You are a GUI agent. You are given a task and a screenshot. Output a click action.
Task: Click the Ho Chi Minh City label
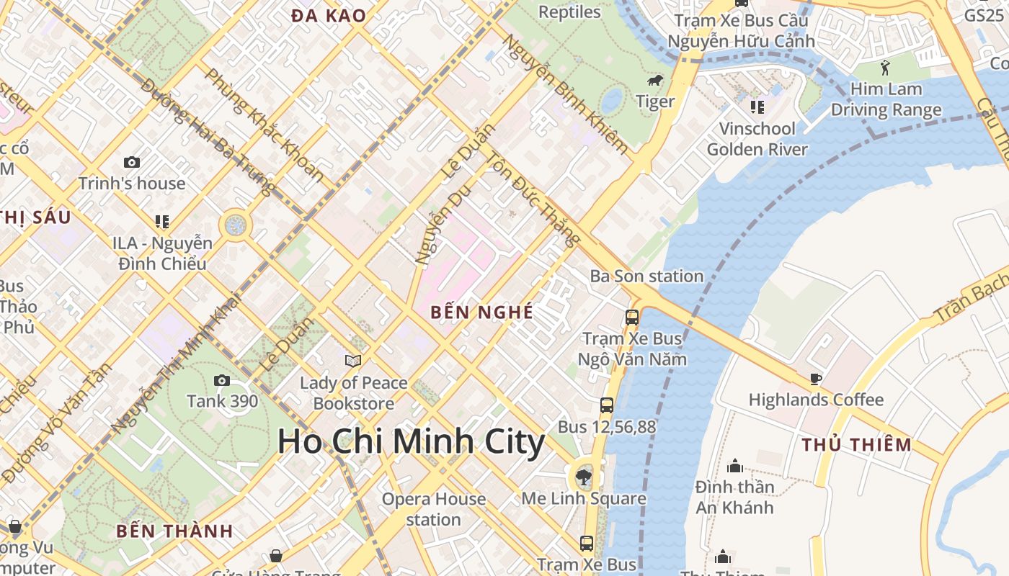click(x=411, y=441)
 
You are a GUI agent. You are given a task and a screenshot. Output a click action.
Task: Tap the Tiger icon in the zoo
click(x=655, y=81)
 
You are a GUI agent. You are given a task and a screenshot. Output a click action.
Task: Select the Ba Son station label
click(x=646, y=276)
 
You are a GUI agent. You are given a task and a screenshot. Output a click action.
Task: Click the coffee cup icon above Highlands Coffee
click(x=815, y=379)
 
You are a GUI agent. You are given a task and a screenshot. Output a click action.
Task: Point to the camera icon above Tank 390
click(x=222, y=380)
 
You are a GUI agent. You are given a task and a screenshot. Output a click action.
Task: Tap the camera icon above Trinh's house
click(x=131, y=162)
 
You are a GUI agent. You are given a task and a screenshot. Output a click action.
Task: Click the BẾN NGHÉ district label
click(x=481, y=312)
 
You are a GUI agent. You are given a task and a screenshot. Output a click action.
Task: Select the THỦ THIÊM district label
click(x=856, y=444)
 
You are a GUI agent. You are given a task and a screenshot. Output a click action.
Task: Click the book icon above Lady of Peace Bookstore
click(x=352, y=361)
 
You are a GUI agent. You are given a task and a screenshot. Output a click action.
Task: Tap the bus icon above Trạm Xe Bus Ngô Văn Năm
click(x=632, y=317)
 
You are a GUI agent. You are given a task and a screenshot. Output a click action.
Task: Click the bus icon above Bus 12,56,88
click(x=607, y=405)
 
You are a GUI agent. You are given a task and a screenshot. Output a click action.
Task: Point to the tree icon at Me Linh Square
click(x=584, y=477)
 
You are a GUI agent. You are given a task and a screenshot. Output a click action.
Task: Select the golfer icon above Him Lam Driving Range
click(x=885, y=68)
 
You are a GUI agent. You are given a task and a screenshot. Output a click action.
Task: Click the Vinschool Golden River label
click(x=757, y=139)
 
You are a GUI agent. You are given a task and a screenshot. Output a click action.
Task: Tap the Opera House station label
click(x=433, y=509)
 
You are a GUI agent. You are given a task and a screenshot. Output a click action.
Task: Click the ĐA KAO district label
click(x=329, y=15)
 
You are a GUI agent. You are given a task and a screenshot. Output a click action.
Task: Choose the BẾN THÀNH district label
click(x=174, y=531)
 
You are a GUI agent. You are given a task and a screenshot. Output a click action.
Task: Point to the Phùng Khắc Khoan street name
click(x=264, y=124)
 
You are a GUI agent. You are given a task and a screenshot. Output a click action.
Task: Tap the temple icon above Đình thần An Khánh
click(x=734, y=466)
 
